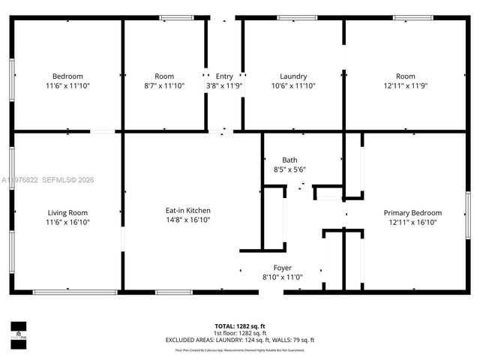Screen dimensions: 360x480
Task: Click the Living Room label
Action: click(67, 212)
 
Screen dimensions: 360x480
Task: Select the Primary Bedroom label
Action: click(412, 212)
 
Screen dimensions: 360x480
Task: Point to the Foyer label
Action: click(282, 268)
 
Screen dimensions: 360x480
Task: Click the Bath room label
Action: click(289, 160)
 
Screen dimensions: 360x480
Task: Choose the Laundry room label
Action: click(292, 76)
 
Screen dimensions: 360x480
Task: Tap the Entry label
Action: click(224, 76)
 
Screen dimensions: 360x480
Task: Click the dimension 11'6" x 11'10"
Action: click(67, 85)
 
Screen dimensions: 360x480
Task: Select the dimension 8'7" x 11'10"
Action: click(164, 85)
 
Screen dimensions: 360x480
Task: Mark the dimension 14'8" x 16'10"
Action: click(187, 221)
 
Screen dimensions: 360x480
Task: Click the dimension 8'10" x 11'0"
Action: click(282, 277)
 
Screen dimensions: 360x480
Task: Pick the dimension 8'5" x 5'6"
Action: click(289, 169)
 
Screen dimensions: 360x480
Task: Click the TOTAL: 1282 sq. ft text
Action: click(240, 326)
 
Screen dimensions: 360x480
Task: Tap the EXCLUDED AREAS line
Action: click(240, 340)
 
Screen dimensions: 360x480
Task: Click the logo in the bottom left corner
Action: click(17, 331)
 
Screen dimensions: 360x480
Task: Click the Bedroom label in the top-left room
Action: click(67, 76)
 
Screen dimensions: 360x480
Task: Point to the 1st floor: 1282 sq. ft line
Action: click(240, 333)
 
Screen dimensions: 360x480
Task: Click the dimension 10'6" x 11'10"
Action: click(292, 85)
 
